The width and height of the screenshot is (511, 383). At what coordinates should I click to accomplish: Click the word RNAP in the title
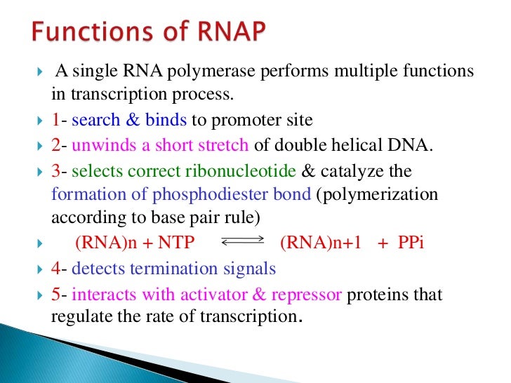click(x=238, y=33)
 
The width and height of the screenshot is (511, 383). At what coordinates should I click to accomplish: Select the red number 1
click(x=56, y=120)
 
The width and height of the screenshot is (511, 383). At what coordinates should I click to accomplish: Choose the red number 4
click(x=56, y=268)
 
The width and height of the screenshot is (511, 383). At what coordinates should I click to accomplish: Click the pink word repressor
click(x=306, y=294)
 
